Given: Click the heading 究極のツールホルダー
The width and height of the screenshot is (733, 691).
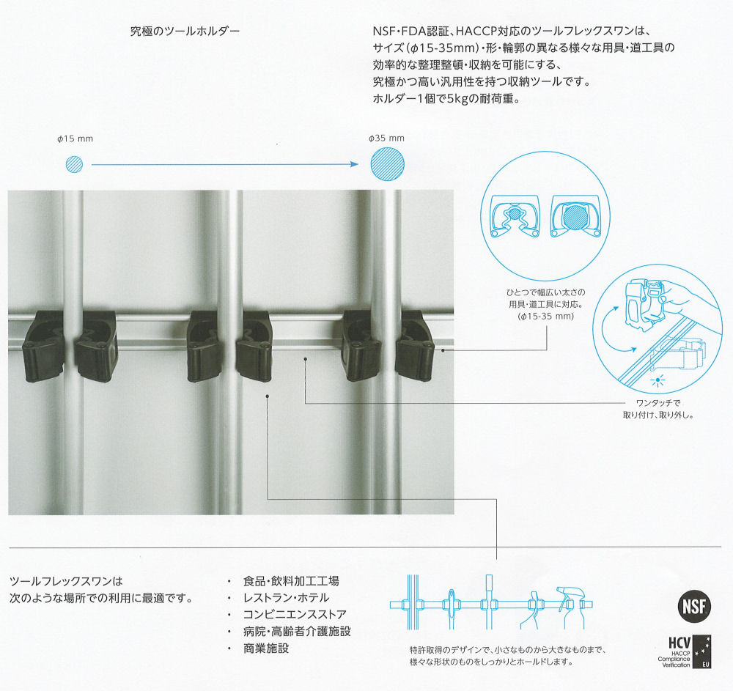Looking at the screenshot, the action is click(185, 32).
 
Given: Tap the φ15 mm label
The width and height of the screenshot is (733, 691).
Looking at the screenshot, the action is click(75, 138).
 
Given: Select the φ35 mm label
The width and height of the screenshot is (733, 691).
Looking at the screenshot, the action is click(386, 138).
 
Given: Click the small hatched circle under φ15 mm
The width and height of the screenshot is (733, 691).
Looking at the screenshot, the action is click(74, 164).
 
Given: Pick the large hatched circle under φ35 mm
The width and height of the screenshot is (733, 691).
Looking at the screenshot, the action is click(388, 164).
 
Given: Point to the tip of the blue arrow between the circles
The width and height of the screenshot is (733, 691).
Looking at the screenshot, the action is click(358, 164).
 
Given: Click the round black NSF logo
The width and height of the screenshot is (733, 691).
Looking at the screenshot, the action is click(694, 607).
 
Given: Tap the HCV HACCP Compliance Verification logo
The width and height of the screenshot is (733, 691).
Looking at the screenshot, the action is click(686, 651).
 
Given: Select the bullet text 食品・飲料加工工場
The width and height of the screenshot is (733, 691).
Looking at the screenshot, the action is click(291, 581).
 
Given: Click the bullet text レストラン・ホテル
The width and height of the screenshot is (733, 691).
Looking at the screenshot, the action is click(286, 598).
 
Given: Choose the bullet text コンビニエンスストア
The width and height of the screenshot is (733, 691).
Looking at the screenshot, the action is click(295, 614).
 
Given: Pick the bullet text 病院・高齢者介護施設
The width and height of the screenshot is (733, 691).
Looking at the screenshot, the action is click(297, 632).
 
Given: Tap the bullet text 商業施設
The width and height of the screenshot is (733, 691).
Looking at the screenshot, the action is click(266, 648).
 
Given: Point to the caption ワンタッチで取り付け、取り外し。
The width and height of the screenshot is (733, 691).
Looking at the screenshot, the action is click(658, 409).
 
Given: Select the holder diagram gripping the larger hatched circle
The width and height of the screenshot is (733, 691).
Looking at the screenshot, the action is click(575, 216).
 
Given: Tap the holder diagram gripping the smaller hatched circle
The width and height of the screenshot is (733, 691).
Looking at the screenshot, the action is click(515, 216).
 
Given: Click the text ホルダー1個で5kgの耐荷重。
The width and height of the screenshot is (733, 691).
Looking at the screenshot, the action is click(446, 99).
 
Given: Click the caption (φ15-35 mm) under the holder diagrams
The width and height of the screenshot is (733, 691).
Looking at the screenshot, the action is click(545, 317).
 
